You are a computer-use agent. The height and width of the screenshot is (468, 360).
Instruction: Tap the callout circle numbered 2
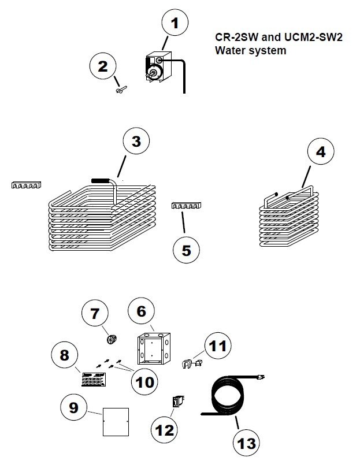pyautogui.click(x=102, y=67)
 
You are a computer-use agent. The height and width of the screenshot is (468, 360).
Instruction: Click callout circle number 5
pyautogui.click(x=187, y=250)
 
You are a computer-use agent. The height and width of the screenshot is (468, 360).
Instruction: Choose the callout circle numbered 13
pyautogui.click(x=247, y=444)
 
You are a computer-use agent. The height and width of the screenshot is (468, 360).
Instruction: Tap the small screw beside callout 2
pyautogui.click(x=121, y=88)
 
